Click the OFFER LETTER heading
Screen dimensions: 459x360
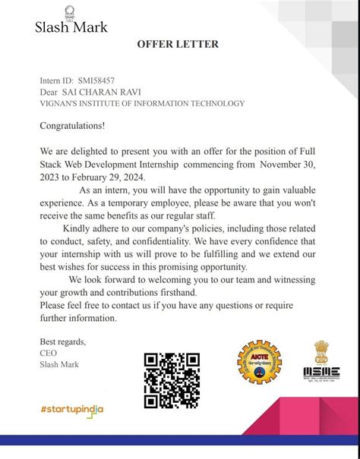[178, 44]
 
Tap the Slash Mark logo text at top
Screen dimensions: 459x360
[71, 27]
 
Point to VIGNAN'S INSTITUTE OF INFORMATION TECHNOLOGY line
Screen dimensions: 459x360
[142, 103]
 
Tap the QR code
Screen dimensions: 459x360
[172, 380]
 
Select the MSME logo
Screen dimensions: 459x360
[321, 360]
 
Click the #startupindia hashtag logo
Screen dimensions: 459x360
[72, 409]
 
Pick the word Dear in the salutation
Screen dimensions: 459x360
[50, 92]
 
